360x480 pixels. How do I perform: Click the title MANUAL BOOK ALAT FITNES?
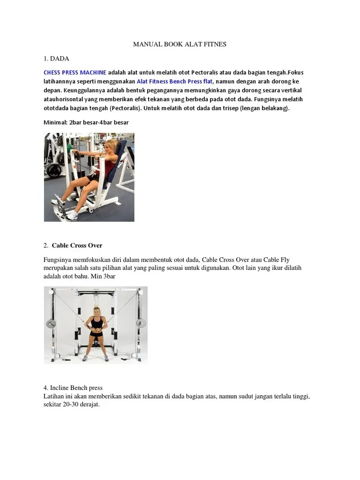tap(180, 45)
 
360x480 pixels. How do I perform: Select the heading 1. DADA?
tap(56, 59)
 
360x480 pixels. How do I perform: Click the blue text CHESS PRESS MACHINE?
tap(75, 73)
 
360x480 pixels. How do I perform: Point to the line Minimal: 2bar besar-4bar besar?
tap(86, 122)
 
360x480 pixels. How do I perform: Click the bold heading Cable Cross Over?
tap(77, 245)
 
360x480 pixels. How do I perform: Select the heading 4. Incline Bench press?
tap(73, 388)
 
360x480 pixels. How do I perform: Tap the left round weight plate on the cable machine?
tap(51, 323)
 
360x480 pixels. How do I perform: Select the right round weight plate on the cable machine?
tap(141, 323)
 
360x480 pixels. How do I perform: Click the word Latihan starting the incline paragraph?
tap(53, 396)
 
